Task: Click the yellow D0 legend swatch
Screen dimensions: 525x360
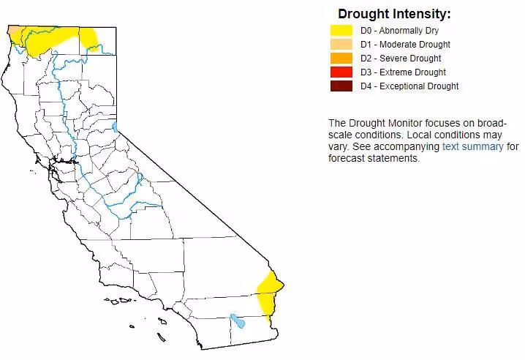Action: pyautogui.click(x=341, y=31)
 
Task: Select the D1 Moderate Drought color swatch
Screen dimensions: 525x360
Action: pyautogui.click(x=341, y=44)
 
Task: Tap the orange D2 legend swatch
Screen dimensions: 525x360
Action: pyautogui.click(x=341, y=59)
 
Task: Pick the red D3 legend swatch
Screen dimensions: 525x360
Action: pyautogui.click(x=341, y=72)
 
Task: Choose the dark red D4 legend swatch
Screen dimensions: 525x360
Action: pyautogui.click(x=341, y=86)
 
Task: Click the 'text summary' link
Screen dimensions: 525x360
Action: pyautogui.click(x=473, y=146)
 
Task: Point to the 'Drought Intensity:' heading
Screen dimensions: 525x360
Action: pyautogui.click(x=394, y=14)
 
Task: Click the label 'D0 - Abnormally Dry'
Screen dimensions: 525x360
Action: pyautogui.click(x=399, y=31)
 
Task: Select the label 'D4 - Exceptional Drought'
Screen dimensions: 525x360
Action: pyautogui.click(x=409, y=86)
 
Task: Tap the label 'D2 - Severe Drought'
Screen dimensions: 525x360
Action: pyautogui.click(x=401, y=59)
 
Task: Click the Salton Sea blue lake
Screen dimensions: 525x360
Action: pyautogui.click(x=238, y=320)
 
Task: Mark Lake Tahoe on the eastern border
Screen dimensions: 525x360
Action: pyautogui.click(x=115, y=127)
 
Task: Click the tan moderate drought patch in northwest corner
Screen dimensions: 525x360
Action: pyautogui.click(x=13, y=33)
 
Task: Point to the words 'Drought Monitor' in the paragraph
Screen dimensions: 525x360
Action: pyautogui.click(x=385, y=123)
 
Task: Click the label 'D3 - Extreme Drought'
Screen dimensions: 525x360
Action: pyautogui.click(x=403, y=72)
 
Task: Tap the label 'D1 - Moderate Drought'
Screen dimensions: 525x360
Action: pyautogui.click(x=406, y=44)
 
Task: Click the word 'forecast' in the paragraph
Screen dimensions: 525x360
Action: pyautogui.click(x=346, y=158)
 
